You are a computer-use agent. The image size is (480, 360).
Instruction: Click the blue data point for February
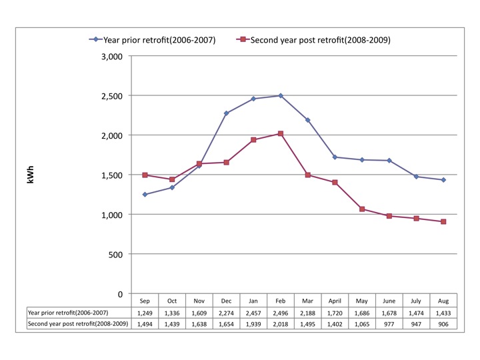coord(281,95)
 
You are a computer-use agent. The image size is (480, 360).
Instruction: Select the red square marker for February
coord(281,133)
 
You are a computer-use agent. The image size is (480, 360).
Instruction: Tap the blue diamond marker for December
coord(226,113)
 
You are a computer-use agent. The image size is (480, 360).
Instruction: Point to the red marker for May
coord(362,209)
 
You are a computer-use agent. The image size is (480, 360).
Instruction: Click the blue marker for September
coord(145,195)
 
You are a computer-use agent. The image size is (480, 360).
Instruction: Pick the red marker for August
coord(443,221)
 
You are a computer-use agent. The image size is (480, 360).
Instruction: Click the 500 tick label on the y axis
coord(115,255)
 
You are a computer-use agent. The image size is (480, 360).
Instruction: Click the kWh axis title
coord(30,175)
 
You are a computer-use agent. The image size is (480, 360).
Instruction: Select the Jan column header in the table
coord(253,301)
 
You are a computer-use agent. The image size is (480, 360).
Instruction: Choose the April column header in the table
coord(335,301)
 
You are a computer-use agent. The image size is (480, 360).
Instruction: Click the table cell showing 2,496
coord(281,312)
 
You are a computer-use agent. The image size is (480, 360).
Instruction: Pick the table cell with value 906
coord(443,324)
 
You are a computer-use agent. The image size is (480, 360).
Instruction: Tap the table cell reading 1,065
coord(362,324)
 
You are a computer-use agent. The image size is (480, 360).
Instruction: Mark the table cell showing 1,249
coord(145,312)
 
